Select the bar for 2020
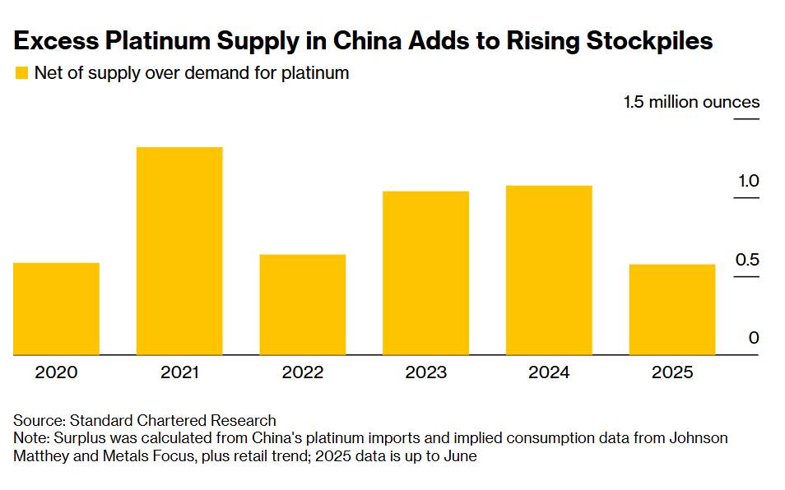coord(56,308)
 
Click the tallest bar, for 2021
coord(179,251)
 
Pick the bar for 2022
coord(303,304)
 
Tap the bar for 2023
coord(426,273)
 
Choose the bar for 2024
coord(550,270)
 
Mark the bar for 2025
coord(672,309)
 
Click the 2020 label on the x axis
coord(56,372)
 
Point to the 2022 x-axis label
coord(303,372)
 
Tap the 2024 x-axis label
coord(550,372)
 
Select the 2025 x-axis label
coord(672,372)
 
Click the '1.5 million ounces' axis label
coord(691,103)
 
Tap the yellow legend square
coord(21,73)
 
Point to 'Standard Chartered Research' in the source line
coord(171,421)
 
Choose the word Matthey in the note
coord(41,455)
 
